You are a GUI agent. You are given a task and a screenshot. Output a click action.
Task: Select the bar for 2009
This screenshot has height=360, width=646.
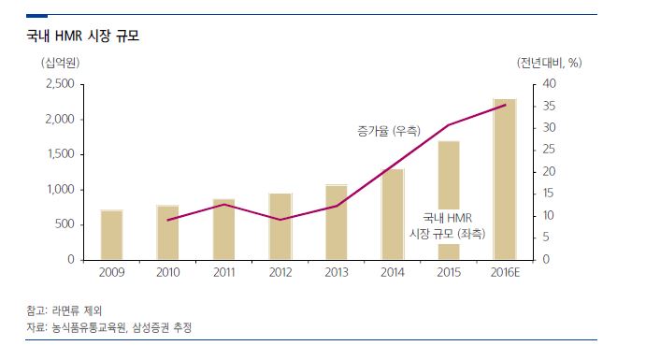point(111,235)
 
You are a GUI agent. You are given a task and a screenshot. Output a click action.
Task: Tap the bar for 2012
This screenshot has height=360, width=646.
point(280,226)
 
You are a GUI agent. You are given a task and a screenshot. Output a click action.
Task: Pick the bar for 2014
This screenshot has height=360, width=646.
point(393,214)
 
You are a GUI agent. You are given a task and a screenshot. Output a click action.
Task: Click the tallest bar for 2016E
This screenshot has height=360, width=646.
point(505,179)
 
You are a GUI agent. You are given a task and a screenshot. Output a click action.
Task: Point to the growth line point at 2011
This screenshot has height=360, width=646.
point(224,204)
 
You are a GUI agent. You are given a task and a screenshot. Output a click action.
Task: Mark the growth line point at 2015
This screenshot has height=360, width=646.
point(449,124)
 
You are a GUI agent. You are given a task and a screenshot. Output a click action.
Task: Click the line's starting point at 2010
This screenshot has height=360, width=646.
point(168,221)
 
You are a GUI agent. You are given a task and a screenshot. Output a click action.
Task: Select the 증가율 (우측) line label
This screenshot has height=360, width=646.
point(389,130)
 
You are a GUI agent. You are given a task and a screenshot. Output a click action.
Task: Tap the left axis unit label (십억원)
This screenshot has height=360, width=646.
point(59,63)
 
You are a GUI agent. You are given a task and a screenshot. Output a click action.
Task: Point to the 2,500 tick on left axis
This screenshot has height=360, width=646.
point(59,84)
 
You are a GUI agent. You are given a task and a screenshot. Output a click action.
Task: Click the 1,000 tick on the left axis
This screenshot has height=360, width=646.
point(59,190)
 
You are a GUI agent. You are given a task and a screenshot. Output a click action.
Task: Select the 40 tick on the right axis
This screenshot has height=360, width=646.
point(550,84)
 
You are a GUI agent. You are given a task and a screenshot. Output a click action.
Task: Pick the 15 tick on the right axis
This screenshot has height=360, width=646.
point(550,194)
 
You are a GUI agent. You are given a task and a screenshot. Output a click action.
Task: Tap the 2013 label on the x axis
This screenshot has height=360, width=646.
point(337,272)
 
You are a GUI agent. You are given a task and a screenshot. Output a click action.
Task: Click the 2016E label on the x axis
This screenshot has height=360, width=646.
point(506,272)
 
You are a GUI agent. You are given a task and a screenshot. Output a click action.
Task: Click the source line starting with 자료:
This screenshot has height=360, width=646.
point(111,327)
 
